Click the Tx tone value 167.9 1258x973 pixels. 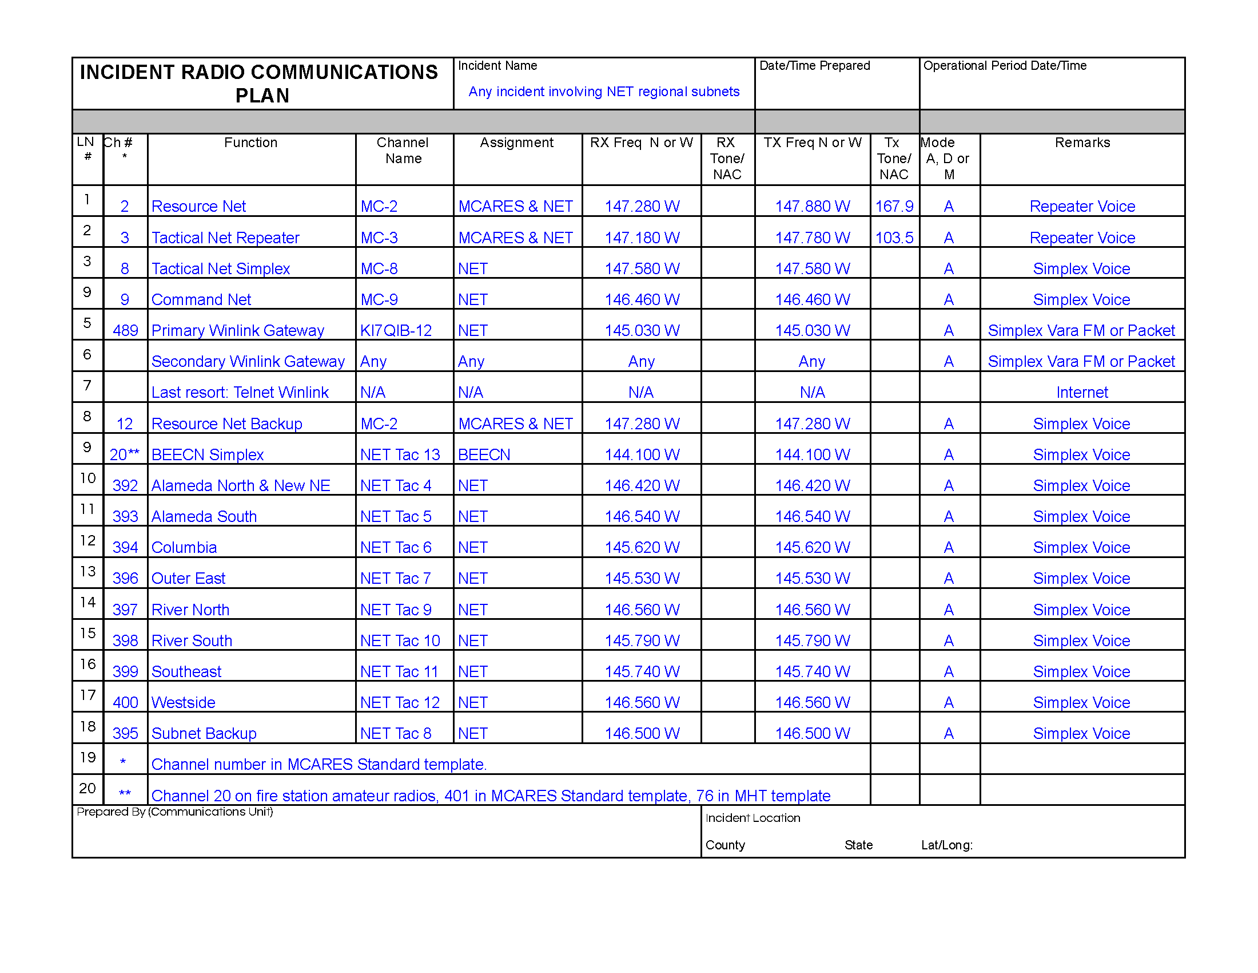894,207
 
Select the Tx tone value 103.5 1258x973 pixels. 894,238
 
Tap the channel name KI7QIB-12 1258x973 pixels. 396,330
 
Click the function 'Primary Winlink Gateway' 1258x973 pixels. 237,330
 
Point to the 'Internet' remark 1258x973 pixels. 1082,393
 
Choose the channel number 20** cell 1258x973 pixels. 125,455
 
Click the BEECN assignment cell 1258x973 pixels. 484,455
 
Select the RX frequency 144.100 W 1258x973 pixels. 642,455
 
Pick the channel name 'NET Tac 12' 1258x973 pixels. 400,703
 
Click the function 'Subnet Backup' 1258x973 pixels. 204,733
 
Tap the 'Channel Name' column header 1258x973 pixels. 403,151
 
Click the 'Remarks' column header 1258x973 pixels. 1082,143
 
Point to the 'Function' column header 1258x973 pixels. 250,143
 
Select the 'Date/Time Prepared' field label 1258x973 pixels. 814,66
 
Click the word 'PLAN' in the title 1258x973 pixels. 262,96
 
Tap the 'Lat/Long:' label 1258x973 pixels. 946,845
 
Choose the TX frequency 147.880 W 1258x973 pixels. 812,207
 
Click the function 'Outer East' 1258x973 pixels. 188,578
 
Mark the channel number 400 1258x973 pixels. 125,703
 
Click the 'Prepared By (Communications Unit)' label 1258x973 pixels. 174,812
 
